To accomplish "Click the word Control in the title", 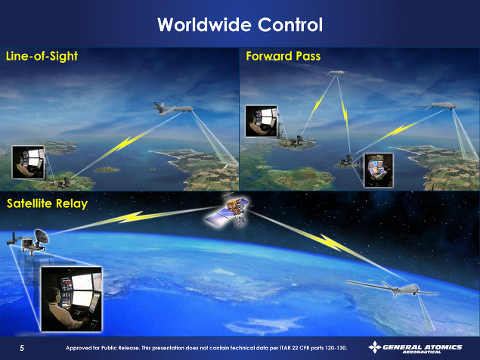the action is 290,24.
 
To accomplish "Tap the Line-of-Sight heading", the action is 42,56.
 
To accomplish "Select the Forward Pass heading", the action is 283,56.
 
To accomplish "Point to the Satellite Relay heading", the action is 47,203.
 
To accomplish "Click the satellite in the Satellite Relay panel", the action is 228,213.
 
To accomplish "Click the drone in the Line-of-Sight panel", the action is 173,108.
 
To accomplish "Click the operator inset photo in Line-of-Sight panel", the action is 28,163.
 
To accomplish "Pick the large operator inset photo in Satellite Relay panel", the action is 71,299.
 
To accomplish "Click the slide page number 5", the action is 22,348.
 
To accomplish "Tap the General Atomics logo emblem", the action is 375,347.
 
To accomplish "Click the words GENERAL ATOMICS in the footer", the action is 423,347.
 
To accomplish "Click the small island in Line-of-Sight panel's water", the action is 107,169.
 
